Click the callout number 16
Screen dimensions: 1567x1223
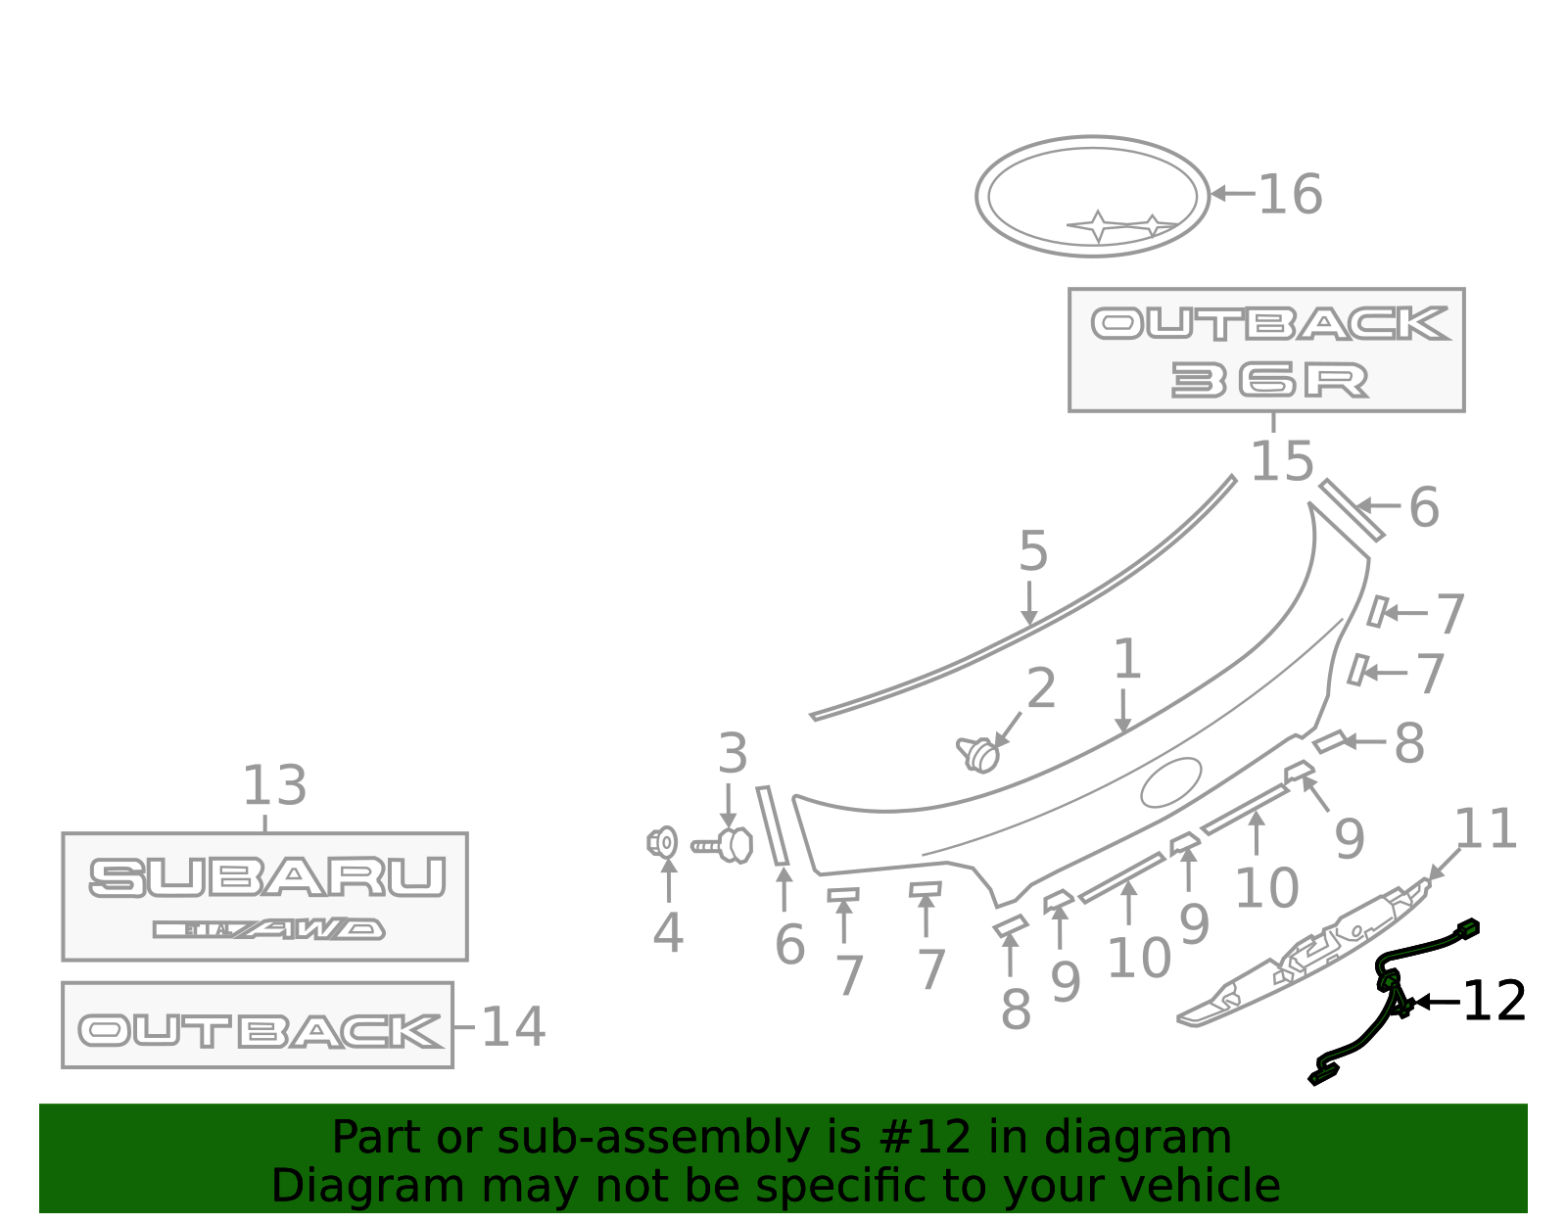(1290, 195)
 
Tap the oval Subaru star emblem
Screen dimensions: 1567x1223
(1092, 195)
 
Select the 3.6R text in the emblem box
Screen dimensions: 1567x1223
(1269, 380)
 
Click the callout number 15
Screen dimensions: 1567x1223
(1281, 461)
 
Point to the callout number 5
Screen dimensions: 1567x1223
(1032, 551)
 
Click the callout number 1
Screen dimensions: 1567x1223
(1127, 658)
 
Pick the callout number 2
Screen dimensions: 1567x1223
(1040, 687)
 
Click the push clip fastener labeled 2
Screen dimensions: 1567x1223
(977, 755)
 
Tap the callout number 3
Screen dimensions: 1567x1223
(733, 753)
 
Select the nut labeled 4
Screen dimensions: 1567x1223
(662, 842)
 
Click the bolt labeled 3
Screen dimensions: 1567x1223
(723, 845)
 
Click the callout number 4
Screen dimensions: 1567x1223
(668, 932)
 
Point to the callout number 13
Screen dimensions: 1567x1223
(275, 785)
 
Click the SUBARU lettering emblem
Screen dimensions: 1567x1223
(266, 877)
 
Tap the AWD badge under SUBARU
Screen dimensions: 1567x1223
(268, 929)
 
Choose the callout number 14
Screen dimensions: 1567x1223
(513, 1027)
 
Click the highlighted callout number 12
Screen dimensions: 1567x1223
(1495, 1001)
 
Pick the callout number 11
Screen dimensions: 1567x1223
(1487, 828)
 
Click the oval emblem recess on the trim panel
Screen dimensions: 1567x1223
(1171, 782)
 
